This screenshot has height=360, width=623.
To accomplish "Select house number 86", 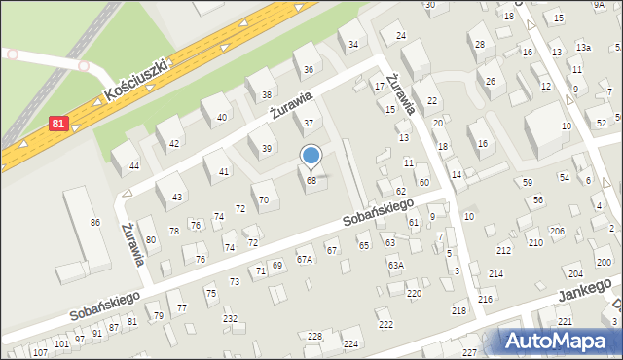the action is [95, 223].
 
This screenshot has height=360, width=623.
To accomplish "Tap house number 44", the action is [134, 166].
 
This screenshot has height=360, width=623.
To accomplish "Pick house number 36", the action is [309, 69].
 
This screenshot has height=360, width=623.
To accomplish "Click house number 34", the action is [353, 45].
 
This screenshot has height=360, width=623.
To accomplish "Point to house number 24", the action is [400, 36].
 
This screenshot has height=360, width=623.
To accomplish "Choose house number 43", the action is [176, 197].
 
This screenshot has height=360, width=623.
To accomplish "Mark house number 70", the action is [264, 198].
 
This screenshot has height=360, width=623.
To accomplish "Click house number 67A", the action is [305, 259].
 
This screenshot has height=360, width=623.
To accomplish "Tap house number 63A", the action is [395, 265].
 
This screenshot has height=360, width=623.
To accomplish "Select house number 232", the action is [230, 319].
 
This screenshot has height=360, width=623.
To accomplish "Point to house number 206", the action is [557, 231].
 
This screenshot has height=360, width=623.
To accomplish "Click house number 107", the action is [39, 353].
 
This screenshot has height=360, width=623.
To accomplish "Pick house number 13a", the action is [583, 47].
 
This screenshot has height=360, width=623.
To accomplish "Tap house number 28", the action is [478, 44].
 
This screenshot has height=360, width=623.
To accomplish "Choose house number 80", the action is [151, 239].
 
